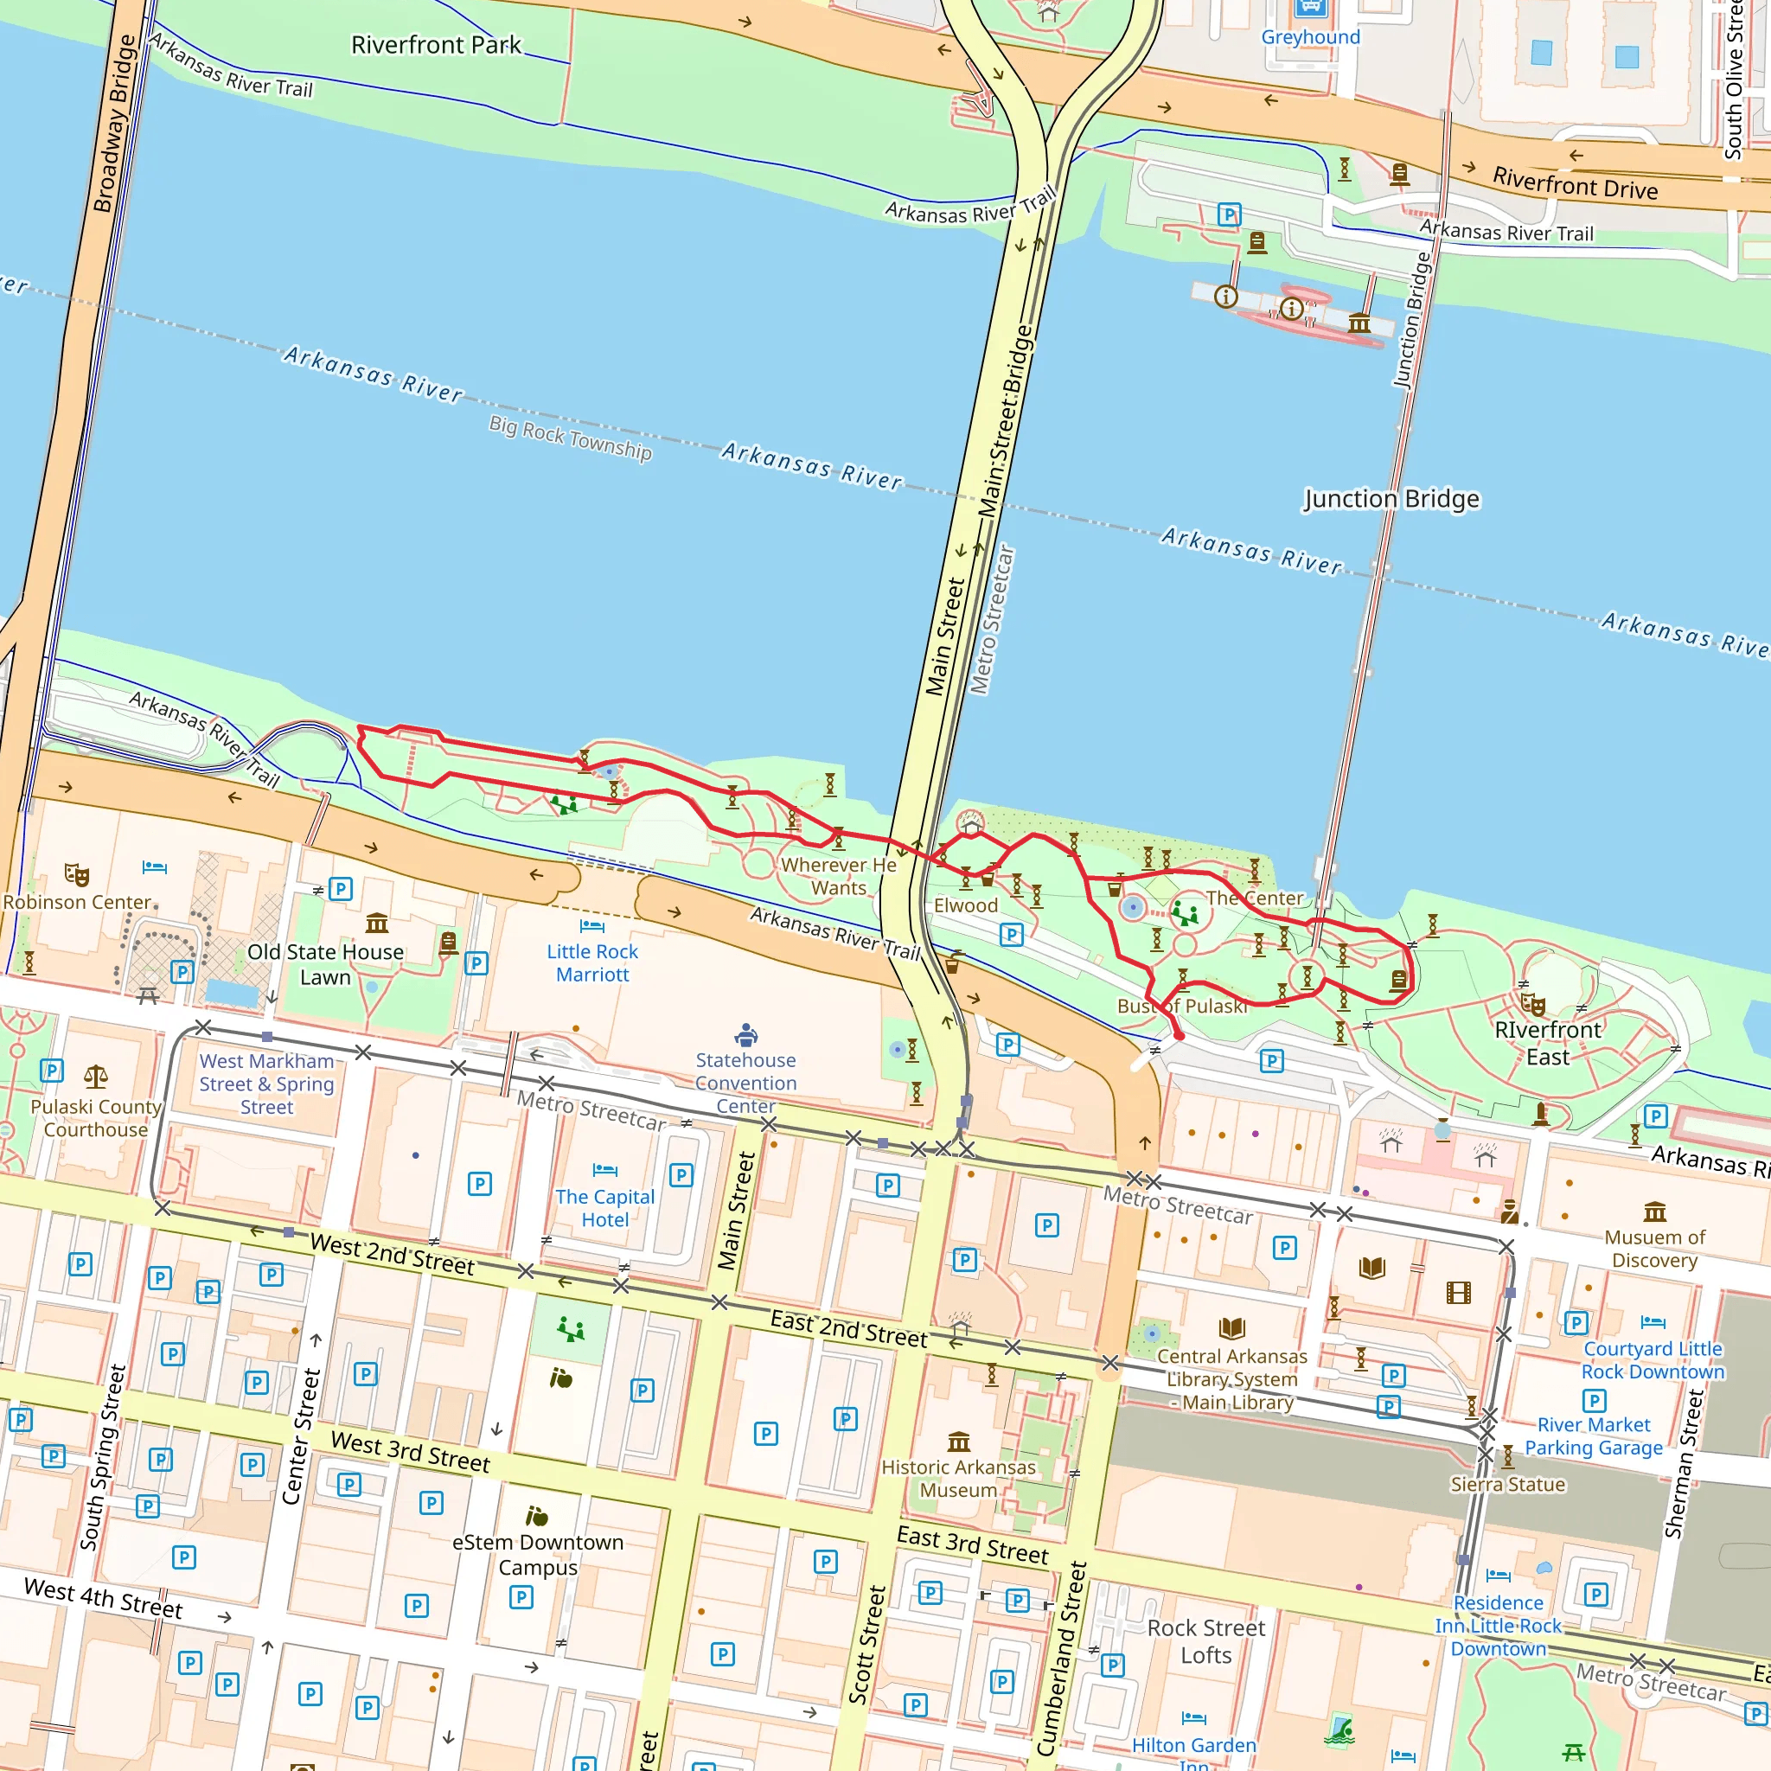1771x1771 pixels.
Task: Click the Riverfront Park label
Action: (x=436, y=45)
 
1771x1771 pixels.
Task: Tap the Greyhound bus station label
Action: (x=1310, y=37)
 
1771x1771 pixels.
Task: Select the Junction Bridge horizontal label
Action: (x=1391, y=499)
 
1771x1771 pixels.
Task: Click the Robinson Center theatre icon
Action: (x=77, y=874)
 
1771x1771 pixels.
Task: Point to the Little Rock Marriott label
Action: (x=592, y=962)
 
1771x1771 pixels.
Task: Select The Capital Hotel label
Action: (x=605, y=1208)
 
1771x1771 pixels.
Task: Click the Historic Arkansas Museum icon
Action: (x=959, y=1442)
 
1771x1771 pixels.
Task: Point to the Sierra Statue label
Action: (x=1507, y=1484)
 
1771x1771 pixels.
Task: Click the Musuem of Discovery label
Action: (x=1653, y=1249)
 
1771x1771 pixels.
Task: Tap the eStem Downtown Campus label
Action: (x=538, y=1555)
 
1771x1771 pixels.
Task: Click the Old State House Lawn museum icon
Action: (x=377, y=922)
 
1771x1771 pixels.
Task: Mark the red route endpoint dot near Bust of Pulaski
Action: (x=1179, y=1036)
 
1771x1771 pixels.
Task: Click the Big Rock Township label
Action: (x=570, y=438)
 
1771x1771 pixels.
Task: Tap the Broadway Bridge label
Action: (x=115, y=124)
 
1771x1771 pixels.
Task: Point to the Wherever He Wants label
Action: (x=838, y=875)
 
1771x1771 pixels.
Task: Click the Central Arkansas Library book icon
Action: (x=1232, y=1327)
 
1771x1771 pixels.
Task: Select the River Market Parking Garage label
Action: (x=1593, y=1435)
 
